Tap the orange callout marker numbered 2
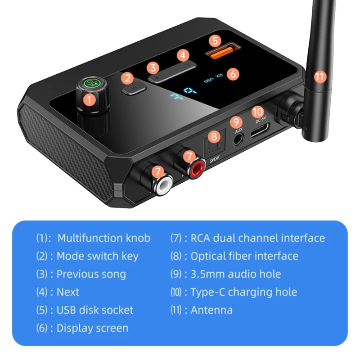point(128,78)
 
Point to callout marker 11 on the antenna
point(319,76)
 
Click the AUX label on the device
point(239,131)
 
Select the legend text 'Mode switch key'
point(97,256)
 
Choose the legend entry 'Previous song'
point(91,274)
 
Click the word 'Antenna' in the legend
point(211,310)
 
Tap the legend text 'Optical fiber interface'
point(244,256)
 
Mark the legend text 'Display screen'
point(92,328)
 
